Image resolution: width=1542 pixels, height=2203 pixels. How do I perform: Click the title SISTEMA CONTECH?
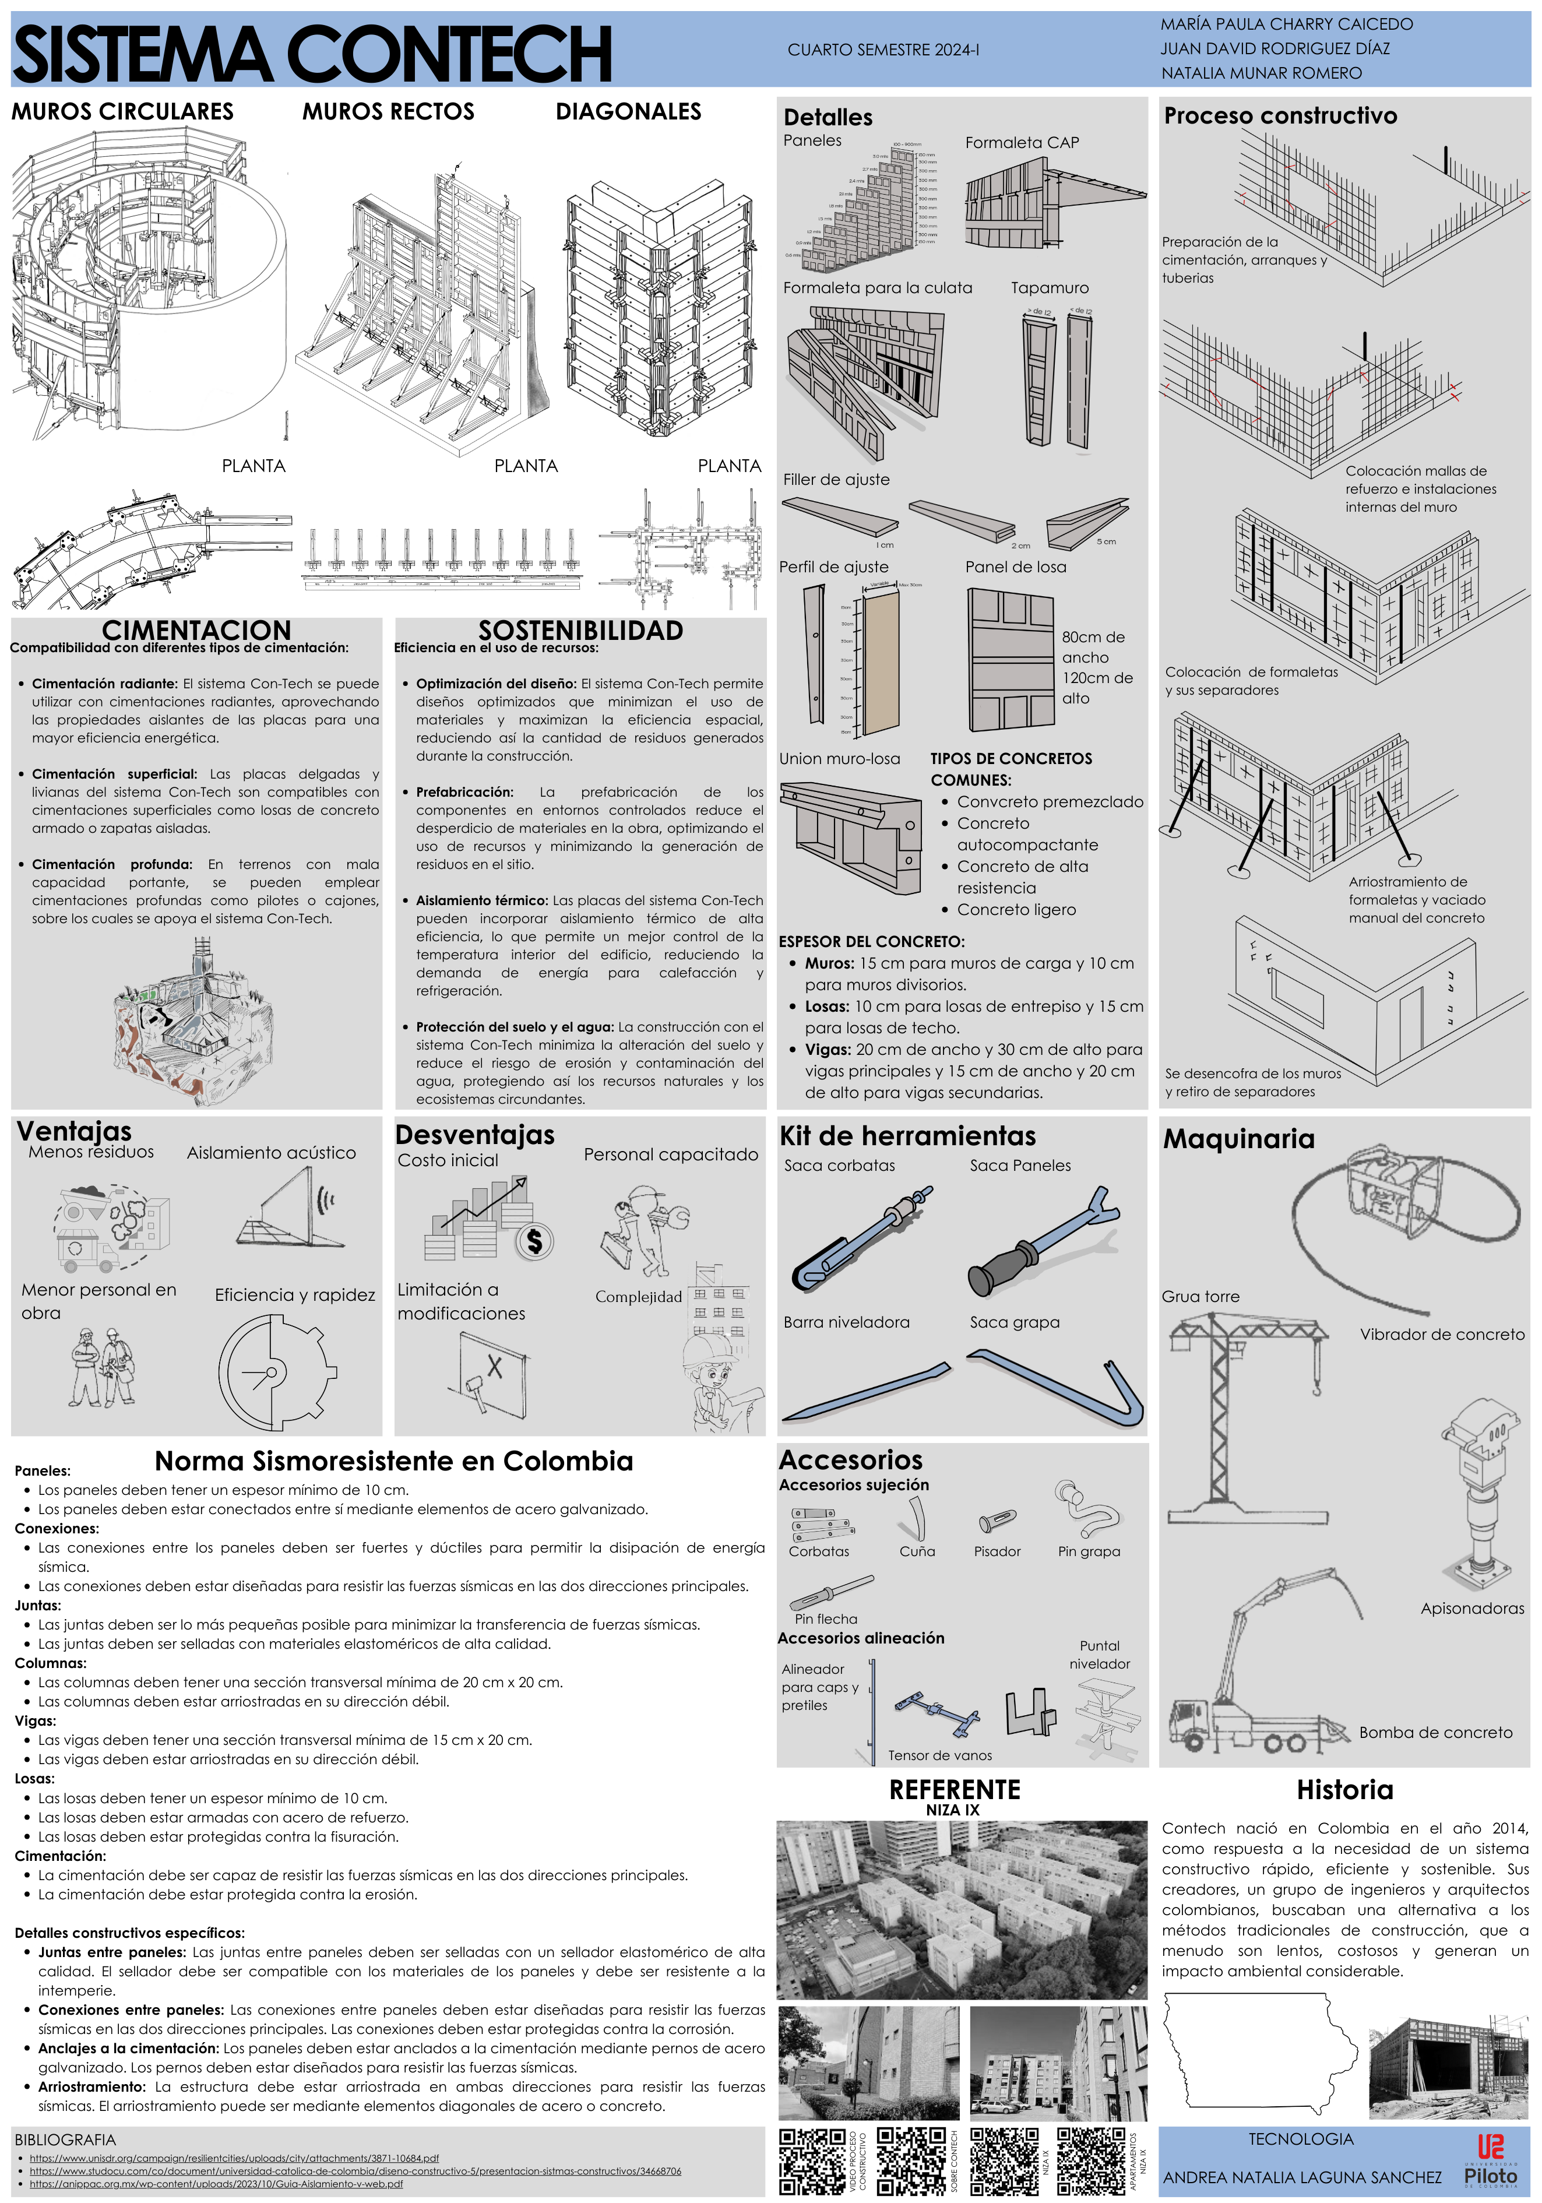pyautogui.click(x=312, y=55)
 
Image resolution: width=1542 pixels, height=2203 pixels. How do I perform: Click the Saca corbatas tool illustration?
pyautogui.click(x=860, y=1238)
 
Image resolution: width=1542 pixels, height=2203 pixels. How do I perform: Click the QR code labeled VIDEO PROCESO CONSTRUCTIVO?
pyautogui.click(x=811, y=2161)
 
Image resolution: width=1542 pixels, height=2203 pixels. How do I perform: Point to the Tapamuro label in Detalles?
pyautogui.click(x=1049, y=288)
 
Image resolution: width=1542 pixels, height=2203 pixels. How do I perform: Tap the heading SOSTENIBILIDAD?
pyautogui.click(x=580, y=631)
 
